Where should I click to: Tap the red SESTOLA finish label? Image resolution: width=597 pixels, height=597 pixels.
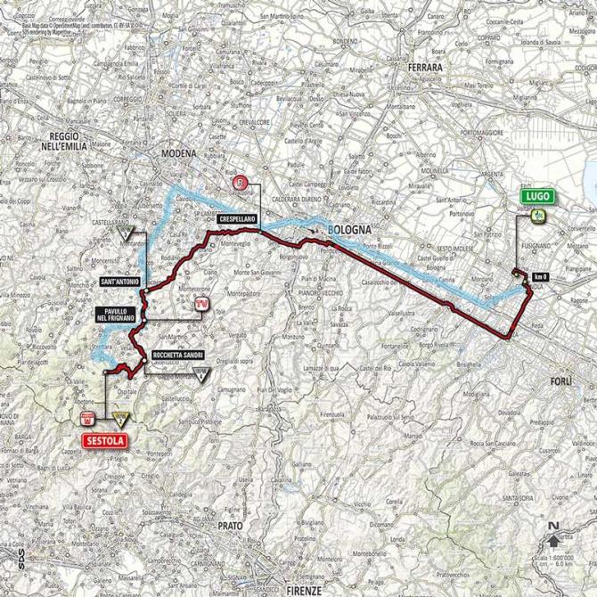99,439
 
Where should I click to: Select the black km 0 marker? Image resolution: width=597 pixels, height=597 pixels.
540,278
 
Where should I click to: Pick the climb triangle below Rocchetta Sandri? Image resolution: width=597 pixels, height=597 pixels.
204,374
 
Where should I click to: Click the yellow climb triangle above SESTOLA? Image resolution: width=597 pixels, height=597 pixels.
119,417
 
